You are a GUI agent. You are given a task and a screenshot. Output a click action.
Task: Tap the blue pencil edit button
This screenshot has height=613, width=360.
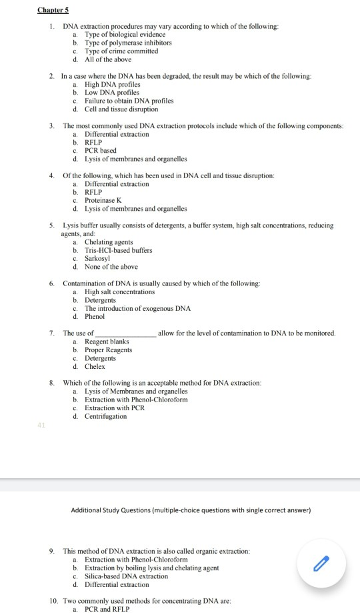click(321, 563)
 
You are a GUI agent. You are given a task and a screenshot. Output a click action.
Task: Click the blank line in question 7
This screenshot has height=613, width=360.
click(126, 333)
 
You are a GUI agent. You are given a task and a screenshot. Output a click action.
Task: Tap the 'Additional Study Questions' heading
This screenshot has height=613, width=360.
click(191, 511)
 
